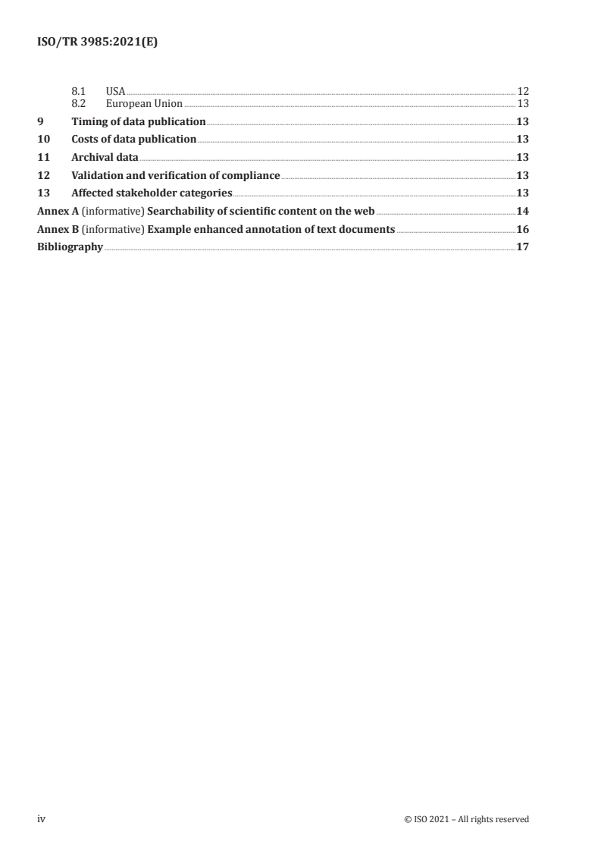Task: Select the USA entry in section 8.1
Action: [115, 91]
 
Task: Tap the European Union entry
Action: [144, 103]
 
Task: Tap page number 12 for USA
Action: [522, 91]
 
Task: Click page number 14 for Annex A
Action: [522, 212]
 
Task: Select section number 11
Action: [43, 158]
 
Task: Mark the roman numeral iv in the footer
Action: [42, 819]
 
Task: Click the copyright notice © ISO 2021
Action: [467, 819]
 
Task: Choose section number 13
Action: [43, 193]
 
